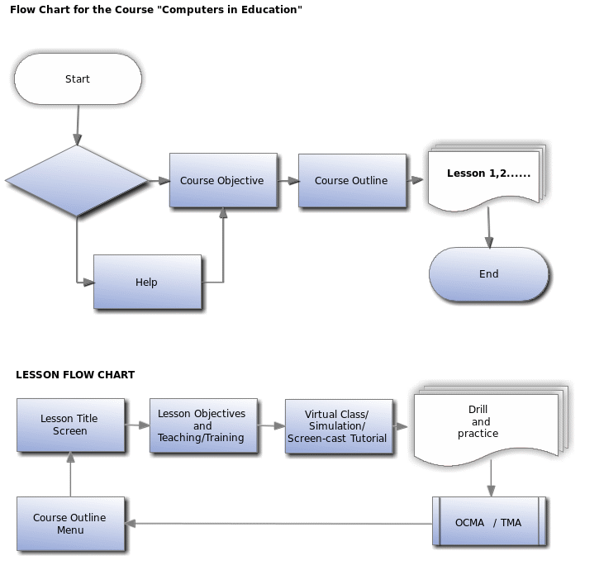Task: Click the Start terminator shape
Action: [78, 79]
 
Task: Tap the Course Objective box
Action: [222, 181]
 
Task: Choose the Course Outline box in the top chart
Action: [351, 181]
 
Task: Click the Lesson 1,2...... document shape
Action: [484, 177]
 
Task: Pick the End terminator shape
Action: [489, 274]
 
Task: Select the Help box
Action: [147, 283]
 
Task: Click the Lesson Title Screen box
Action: [70, 425]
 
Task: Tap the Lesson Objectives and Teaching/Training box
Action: [202, 426]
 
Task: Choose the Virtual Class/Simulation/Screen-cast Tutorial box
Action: [337, 426]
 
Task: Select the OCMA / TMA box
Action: [489, 522]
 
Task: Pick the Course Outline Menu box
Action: [71, 524]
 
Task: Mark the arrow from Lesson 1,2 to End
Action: [489, 226]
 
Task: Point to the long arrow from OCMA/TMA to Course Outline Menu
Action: [281, 523]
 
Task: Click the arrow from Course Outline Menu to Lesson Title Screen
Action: [71, 474]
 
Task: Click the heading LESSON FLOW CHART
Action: [75, 375]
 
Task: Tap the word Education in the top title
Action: [264, 10]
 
